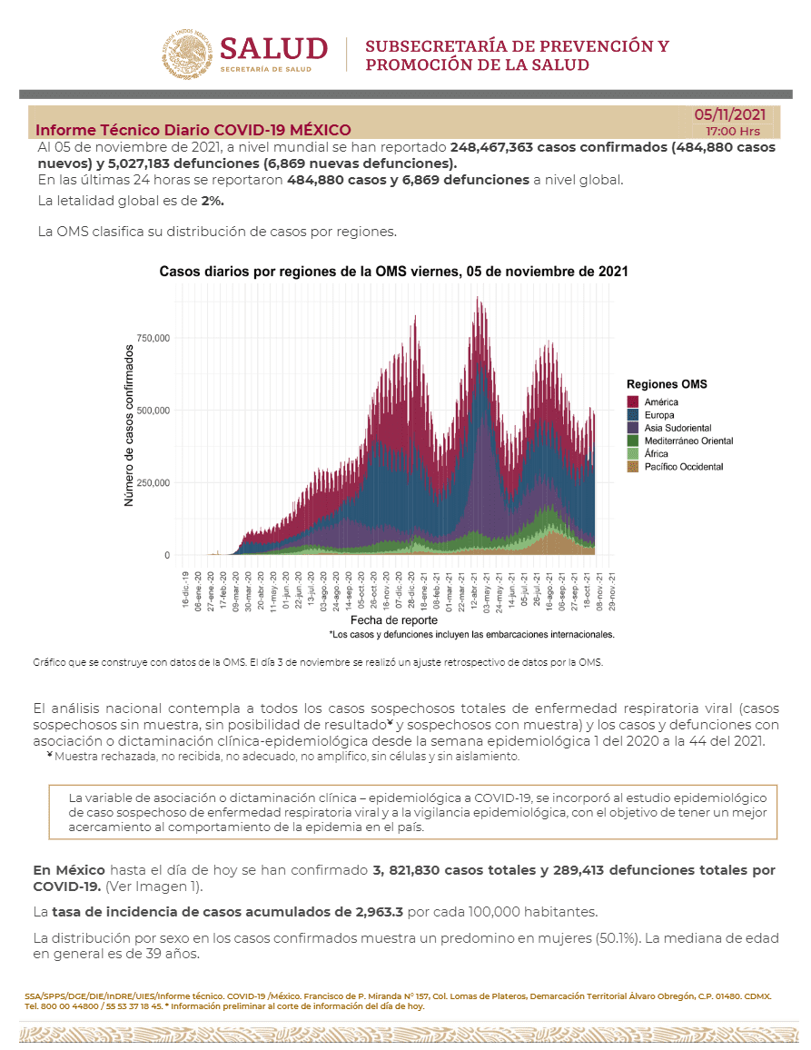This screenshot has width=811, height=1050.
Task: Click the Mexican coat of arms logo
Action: pyautogui.click(x=187, y=54)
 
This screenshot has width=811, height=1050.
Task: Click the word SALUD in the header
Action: pyautogui.click(x=274, y=49)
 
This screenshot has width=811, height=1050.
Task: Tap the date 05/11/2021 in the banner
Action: pyautogui.click(x=729, y=114)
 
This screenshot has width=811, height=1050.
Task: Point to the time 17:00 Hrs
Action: pyautogui.click(x=733, y=131)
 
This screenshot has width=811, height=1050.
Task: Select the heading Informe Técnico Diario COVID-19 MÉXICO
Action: pyautogui.click(x=193, y=130)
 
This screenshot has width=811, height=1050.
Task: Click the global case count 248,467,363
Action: pyautogui.click(x=492, y=147)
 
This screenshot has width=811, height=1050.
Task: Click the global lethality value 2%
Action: pyautogui.click(x=213, y=201)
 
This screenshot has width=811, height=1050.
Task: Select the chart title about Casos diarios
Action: pyautogui.click(x=394, y=272)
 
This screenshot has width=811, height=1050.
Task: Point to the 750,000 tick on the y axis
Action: pyautogui.click(x=153, y=338)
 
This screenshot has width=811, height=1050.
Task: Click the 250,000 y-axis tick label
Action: pyautogui.click(x=153, y=483)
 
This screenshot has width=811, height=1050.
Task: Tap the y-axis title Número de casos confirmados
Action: pyautogui.click(x=129, y=426)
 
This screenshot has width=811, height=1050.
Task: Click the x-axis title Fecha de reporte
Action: pyautogui.click(x=394, y=620)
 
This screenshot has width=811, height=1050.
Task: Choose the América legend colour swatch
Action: pyautogui.click(x=633, y=401)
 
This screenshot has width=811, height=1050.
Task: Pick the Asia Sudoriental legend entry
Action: pyautogui.click(x=677, y=428)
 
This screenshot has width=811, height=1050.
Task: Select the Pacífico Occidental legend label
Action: pyautogui.click(x=684, y=467)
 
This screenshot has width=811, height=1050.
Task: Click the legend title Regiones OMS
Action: pyautogui.click(x=667, y=384)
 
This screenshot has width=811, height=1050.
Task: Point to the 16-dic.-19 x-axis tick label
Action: pyautogui.click(x=185, y=590)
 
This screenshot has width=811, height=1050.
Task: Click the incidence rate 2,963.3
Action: pyautogui.click(x=380, y=912)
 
